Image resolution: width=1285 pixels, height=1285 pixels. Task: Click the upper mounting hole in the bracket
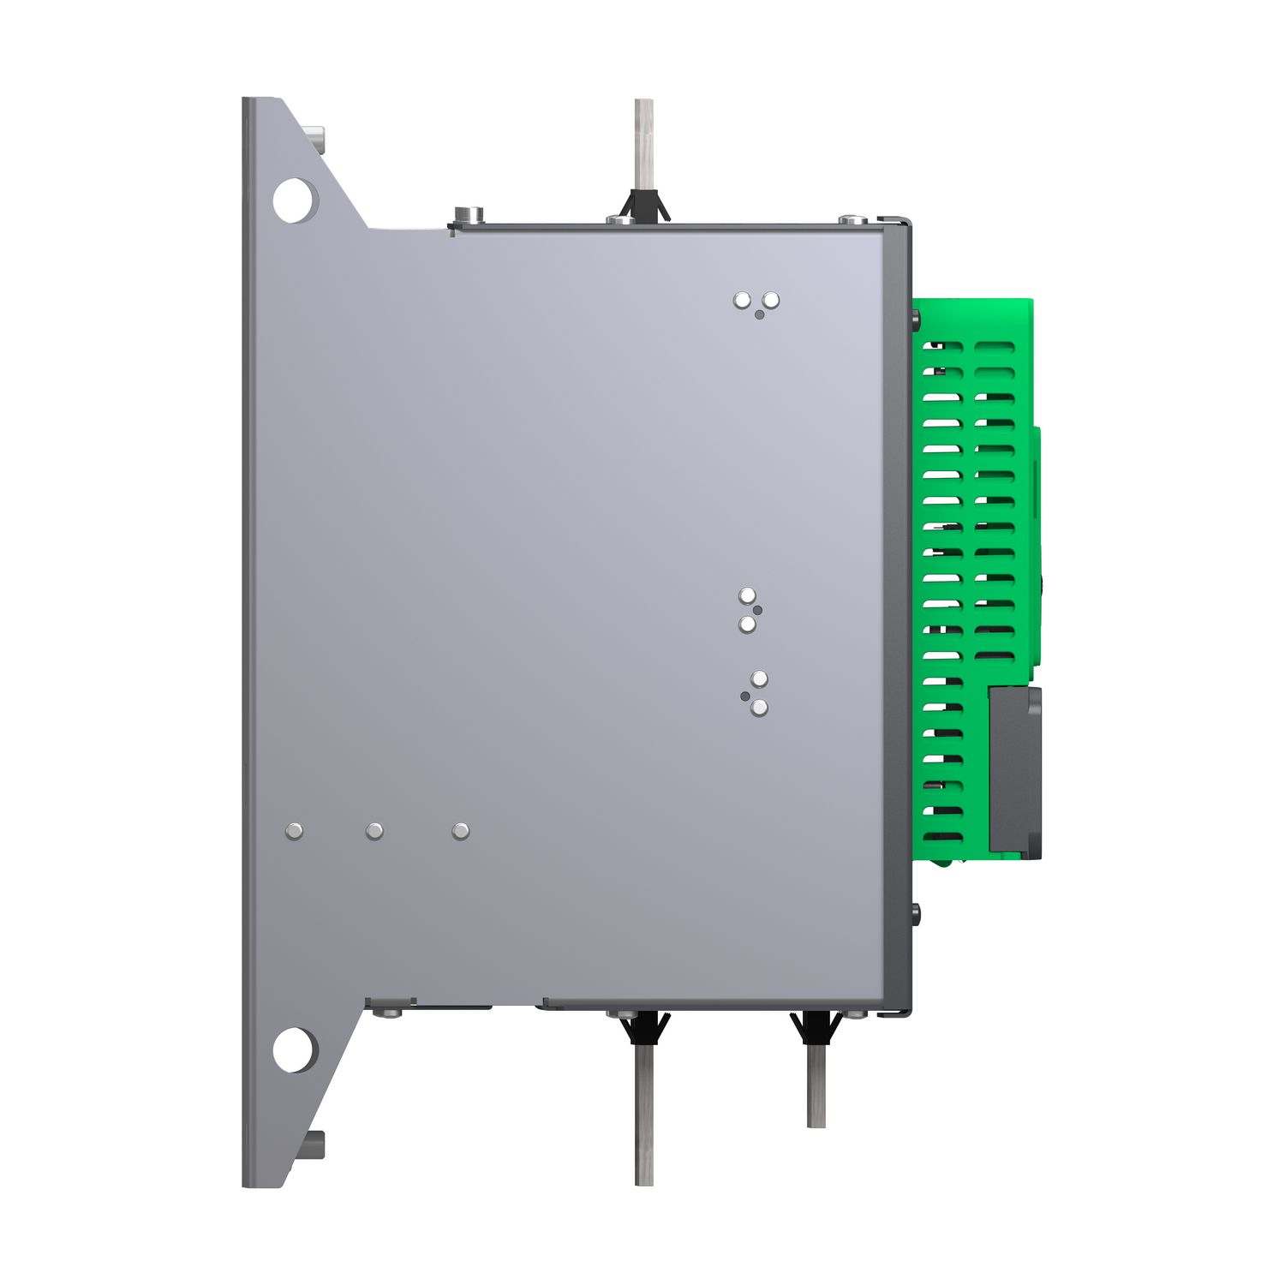coord(293,200)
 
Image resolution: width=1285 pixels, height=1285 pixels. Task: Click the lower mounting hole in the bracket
coord(293,1049)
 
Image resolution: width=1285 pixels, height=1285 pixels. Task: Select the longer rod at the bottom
coord(644,1114)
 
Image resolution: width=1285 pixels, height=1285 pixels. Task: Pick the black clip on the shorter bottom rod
coord(816,1026)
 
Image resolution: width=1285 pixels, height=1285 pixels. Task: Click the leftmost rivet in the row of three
coord(294,831)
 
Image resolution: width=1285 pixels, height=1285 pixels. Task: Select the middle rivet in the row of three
coord(374,831)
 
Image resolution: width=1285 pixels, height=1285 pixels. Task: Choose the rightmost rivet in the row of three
coord(460,831)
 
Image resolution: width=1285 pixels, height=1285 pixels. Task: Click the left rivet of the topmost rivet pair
coord(743,300)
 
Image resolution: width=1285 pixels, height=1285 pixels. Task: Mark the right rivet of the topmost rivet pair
coord(771,300)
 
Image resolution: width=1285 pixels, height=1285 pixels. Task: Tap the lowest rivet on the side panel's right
coord(759,708)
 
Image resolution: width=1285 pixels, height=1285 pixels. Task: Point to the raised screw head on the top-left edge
coord(468,214)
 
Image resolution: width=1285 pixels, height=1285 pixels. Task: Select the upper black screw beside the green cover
coord(916,321)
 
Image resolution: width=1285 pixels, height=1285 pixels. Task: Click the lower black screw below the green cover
coord(916,913)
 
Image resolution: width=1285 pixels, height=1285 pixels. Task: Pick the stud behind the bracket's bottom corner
coord(317,1144)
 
